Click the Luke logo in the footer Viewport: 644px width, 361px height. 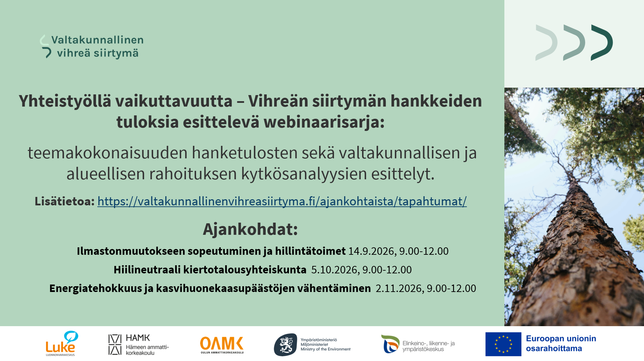pos(62,343)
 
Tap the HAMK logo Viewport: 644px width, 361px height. pos(139,345)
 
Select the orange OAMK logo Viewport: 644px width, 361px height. pos(222,345)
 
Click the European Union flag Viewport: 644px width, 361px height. pos(503,344)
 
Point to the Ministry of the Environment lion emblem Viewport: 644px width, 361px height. pos(286,345)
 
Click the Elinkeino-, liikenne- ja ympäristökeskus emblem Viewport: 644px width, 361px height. pos(390,344)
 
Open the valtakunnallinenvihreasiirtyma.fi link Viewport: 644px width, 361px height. pos(282,201)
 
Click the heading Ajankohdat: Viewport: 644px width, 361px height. pos(250,229)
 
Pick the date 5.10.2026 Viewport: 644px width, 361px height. pos(334,270)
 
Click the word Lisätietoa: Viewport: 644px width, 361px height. pos(65,201)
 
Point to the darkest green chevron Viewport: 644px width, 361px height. pos(602,43)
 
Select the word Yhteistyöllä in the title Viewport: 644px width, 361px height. pos(65,101)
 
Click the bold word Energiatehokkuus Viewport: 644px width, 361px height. pos(96,288)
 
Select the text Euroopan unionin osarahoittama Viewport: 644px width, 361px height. pos(561,343)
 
